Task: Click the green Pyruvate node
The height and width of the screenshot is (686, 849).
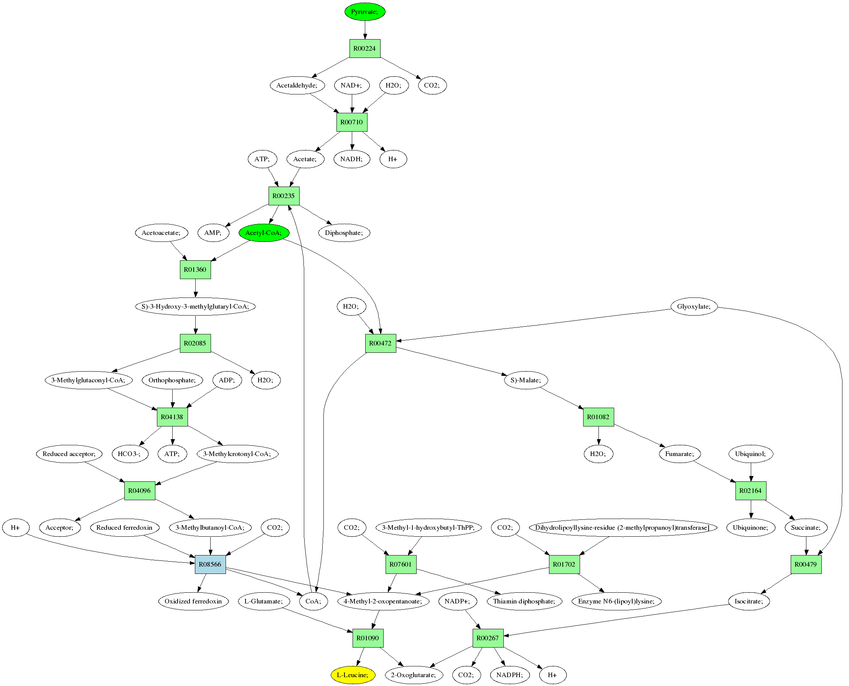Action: [x=364, y=12]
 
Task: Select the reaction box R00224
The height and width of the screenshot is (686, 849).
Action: [x=364, y=49]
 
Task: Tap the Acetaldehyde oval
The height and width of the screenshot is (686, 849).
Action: [x=297, y=85]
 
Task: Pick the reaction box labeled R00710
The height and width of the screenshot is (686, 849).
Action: [x=351, y=122]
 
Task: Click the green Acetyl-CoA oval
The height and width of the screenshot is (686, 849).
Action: [x=264, y=233]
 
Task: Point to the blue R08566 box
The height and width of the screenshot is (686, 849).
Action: [x=210, y=564]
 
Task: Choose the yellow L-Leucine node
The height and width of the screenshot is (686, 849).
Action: [x=353, y=675]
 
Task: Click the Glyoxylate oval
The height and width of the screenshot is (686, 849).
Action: [x=693, y=307]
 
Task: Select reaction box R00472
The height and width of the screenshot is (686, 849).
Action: [x=380, y=344]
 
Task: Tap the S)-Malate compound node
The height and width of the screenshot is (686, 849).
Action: [x=526, y=380]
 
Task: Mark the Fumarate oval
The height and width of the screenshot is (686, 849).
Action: [x=679, y=454]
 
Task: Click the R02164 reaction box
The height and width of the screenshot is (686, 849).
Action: [x=750, y=491]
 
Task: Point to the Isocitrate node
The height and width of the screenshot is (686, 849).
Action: [x=749, y=601]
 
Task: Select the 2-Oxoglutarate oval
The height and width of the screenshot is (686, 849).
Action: [x=414, y=675]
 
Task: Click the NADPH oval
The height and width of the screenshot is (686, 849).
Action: [x=509, y=675]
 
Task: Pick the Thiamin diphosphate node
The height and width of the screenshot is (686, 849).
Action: [x=524, y=601]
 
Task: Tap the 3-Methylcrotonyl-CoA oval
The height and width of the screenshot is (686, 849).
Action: [x=237, y=454]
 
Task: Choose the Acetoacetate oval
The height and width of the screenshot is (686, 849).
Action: [x=161, y=233]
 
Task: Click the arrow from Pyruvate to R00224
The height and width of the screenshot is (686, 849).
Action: [x=364, y=30]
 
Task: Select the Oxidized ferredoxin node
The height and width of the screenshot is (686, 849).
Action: [x=193, y=601]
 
